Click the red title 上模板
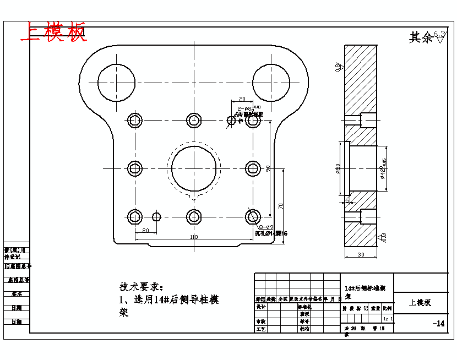[x=53, y=32]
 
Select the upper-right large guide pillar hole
[x=271, y=82]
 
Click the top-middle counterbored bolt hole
[x=193, y=120]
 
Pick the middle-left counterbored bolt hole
[x=135, y=168]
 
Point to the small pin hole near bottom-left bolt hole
[x=156, y=216]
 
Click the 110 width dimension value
[x=194, y=237]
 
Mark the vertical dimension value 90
[x=268, y=168]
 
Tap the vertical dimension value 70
[x=281, y=205]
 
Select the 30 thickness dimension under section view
[x=361, y=254]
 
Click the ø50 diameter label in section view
[x=338, y=169]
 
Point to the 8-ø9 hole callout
[x=266, y=227]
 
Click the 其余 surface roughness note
[x=421, y=37]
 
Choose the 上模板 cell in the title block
[x=420, y=303]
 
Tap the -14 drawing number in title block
[x=438, y=323]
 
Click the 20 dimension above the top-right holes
[x=242, y=100]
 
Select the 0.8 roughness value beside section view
[x=338, y=68]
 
